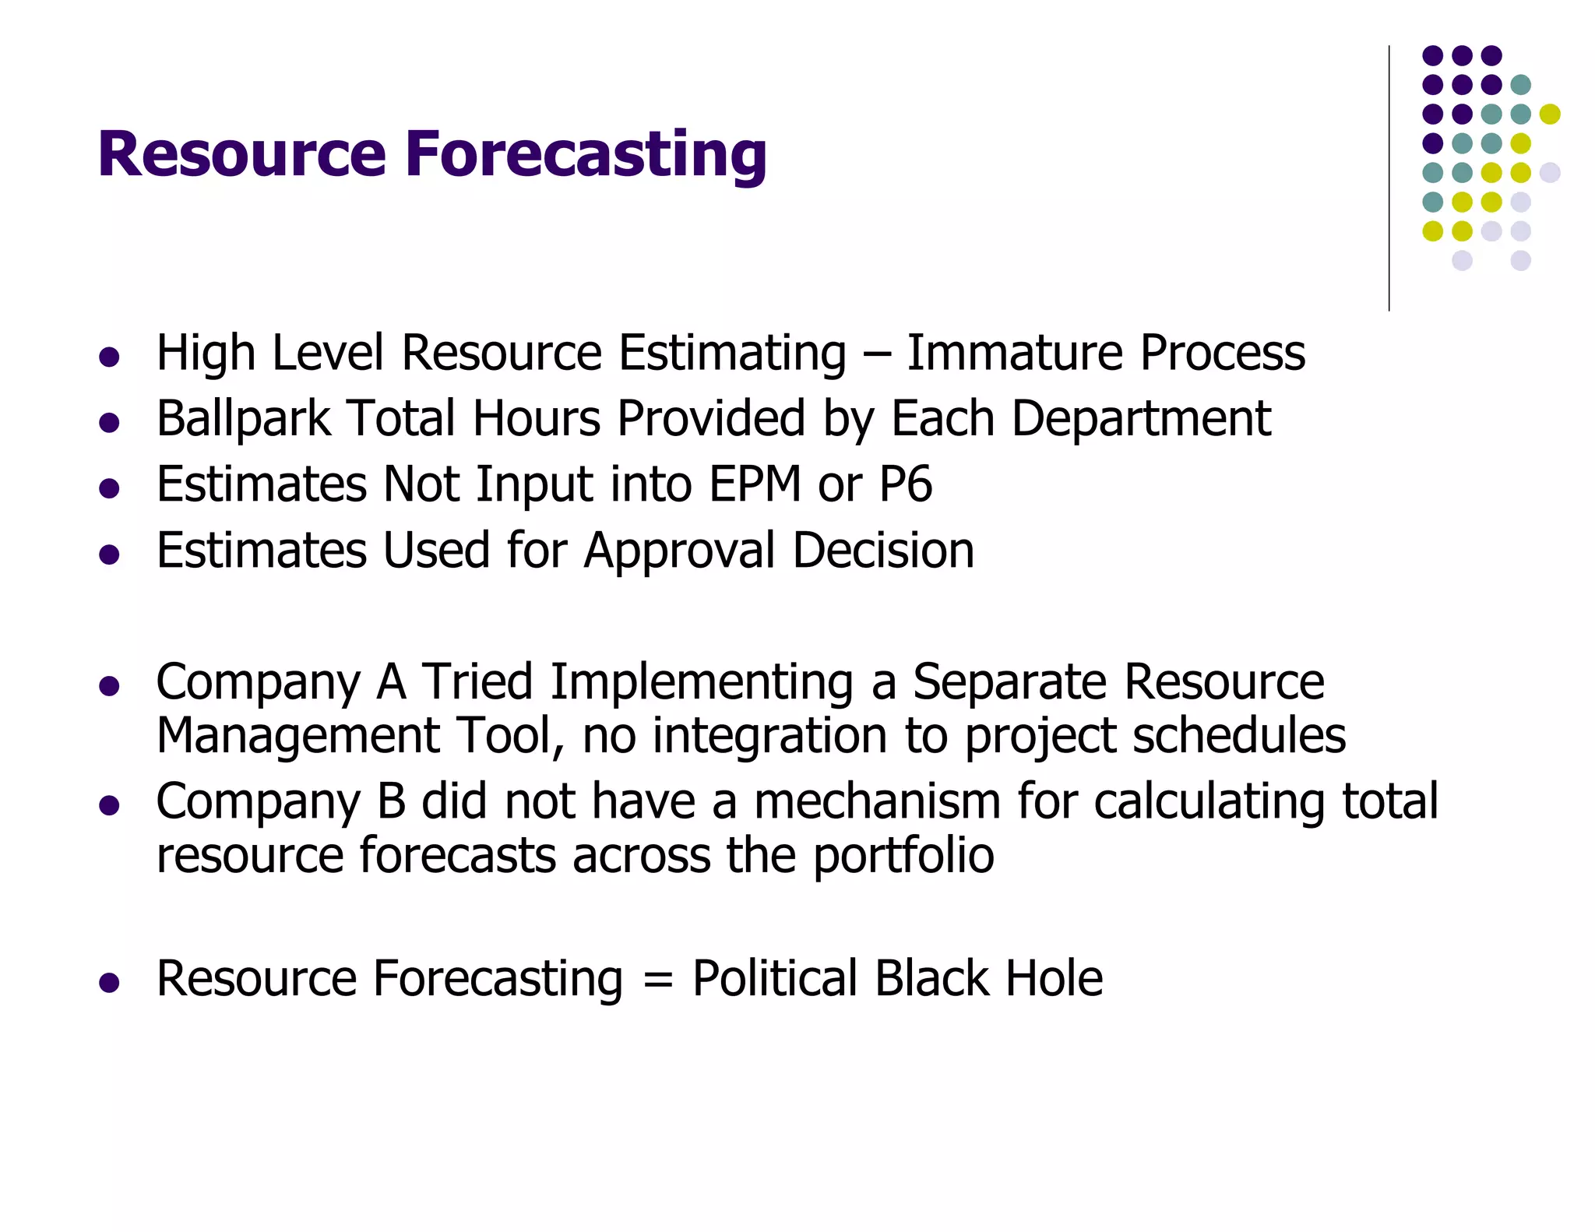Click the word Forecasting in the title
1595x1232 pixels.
coord(586,154)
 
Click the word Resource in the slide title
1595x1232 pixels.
coord(241,154)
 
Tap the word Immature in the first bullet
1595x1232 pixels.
coord(1015,353)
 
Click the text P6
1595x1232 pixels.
coord(905,484)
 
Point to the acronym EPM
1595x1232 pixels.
coord(755,484)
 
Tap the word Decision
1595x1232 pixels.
coord(883,551)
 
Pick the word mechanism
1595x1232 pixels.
coord(877,801)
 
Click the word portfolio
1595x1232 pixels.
coord(903,855)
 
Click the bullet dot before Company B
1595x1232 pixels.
coord(109,804)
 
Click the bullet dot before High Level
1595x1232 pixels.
coord(109,357)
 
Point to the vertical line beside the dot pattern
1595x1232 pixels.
coord(1389,179)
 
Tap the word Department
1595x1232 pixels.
coord(1141,419)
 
